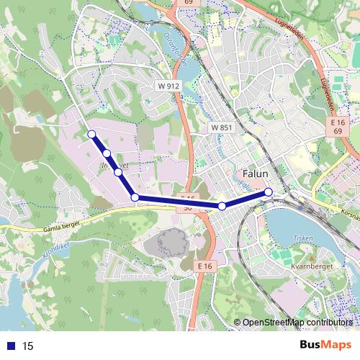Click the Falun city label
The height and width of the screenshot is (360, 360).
[x=255, y=174]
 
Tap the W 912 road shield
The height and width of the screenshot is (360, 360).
[x=168, y=86]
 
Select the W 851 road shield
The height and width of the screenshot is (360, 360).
[x=221, y=127]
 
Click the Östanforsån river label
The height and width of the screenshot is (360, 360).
[x=175, y=48]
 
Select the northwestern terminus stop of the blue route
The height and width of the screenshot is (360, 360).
[x=91, y=134]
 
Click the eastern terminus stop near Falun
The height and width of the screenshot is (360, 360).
[x=269, y=192]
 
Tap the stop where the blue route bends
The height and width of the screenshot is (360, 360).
[x=135, y=197]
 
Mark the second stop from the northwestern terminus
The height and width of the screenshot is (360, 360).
[x=107, y=153]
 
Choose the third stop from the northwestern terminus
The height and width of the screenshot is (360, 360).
[x=118, y=172]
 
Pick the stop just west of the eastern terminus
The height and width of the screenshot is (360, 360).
[x=222, y=207]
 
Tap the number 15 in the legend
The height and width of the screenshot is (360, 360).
[x=28, y=346]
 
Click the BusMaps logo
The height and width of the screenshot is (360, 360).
[x=325, y=345]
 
